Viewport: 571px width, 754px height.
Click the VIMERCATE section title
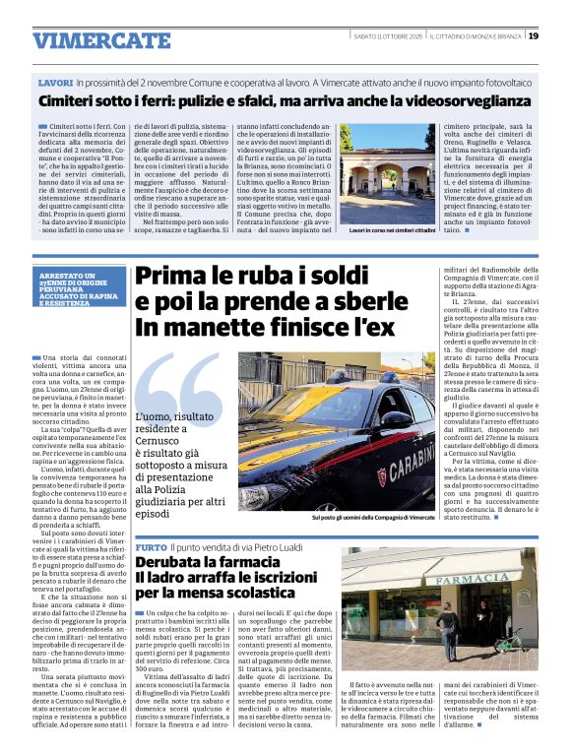(88, 40)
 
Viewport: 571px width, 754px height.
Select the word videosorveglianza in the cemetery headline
(473, 101)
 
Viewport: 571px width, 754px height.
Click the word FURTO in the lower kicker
(151, 547)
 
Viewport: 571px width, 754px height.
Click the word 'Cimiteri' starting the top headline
(74, 101)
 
